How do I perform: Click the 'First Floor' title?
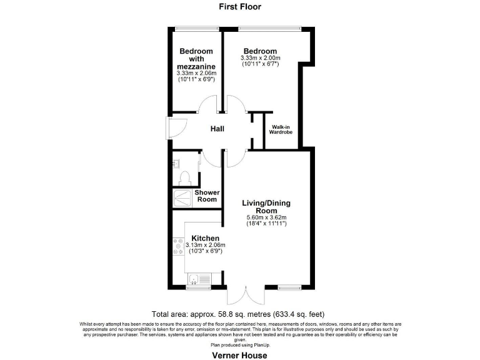[240, 7]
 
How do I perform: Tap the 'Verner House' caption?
[239, 355]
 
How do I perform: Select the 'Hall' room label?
[217, 129]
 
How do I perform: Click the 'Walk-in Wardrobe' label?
[281, 129]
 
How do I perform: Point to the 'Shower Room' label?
[206, 196]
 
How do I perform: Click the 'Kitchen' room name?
[205, 238]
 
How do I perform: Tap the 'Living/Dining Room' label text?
[266, 207]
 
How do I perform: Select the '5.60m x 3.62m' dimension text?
[266, 218]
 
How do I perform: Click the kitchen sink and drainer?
[199, 279]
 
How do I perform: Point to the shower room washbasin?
[176, 163]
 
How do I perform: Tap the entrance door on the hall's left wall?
[175, 129]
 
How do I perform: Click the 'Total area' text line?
[237, 314]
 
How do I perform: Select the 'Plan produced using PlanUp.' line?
[239, 344]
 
